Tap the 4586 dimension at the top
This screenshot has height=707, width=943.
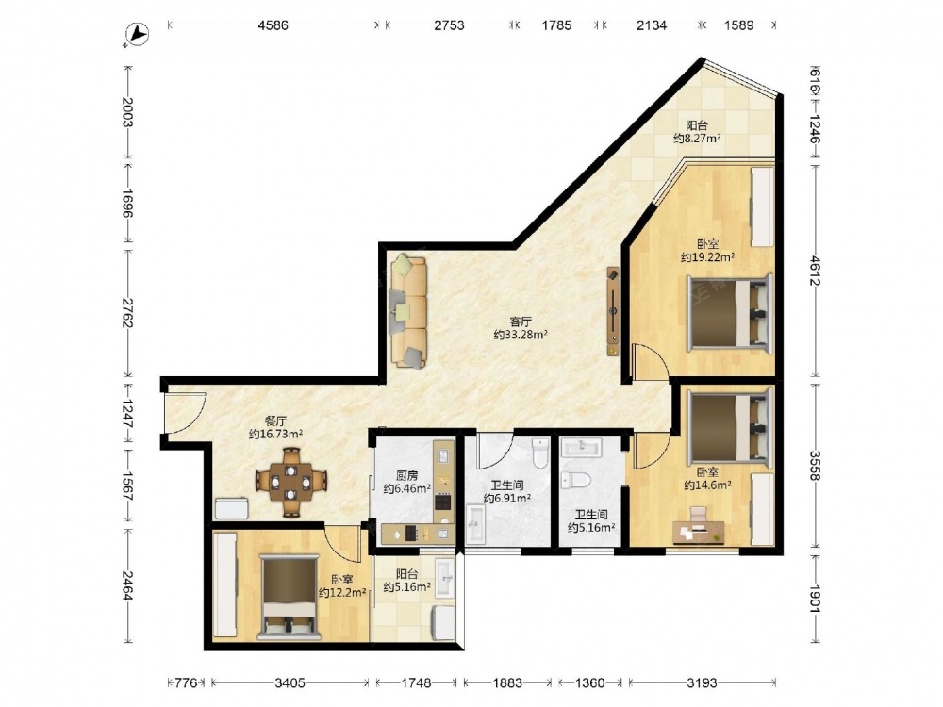point(273,25)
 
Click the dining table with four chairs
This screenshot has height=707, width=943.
point(291,482)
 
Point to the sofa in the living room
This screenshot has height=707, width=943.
point(408,311)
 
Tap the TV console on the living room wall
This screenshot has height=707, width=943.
point(613,311)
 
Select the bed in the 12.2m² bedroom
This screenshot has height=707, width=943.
point(289,597)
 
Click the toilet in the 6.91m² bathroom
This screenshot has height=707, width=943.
point(540,452)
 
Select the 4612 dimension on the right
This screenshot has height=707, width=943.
point(815,271)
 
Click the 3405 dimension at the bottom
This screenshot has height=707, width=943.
point(290,682)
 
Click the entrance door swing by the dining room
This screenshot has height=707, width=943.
point(187,413)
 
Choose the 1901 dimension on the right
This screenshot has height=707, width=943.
point(815,599)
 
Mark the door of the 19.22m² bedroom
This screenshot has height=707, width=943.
point(651,362)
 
